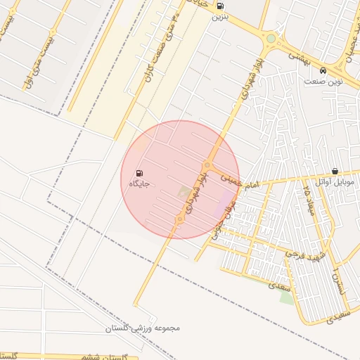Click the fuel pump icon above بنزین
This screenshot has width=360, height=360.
click(221, 6)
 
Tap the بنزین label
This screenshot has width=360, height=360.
click(221, 18)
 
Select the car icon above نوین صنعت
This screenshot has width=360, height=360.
click(322, 71)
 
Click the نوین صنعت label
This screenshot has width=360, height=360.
click(323, 82)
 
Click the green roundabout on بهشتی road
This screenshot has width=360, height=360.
click(271, 39)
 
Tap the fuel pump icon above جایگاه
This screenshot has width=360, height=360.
click(139, 173)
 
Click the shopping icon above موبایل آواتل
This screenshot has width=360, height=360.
click(334, 172)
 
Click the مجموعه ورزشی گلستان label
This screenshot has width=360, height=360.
click(143, 328)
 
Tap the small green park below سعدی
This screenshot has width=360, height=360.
click(286, 297)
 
